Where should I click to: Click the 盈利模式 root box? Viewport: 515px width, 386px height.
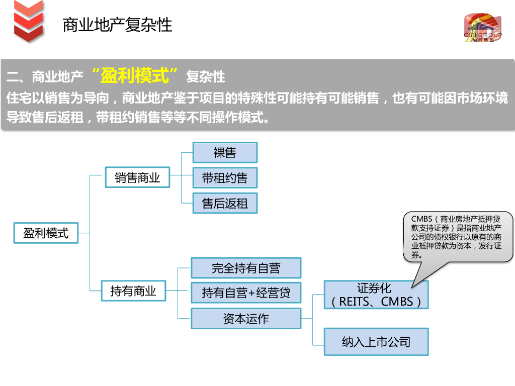(x=46, y=233)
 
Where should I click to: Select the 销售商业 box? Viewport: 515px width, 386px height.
(x=137, y=178)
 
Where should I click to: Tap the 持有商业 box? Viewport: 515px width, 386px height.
(x=133, y=291)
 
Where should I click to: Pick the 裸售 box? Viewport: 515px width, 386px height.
(x=225, y=153)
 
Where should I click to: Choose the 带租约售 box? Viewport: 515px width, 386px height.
(x=225, y=178)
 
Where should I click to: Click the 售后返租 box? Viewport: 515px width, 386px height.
(x=225, y=203)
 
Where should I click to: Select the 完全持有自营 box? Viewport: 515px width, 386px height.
(x=246, y=268)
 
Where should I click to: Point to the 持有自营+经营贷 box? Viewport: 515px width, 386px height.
(x=246, y=293)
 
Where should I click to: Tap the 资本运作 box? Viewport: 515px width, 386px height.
(x=246, y=319)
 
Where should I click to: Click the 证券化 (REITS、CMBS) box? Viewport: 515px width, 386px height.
(x=376, y=295)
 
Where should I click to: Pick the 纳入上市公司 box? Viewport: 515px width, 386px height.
(x=376, y=342)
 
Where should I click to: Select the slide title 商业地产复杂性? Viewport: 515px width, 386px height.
(x=117, y=25)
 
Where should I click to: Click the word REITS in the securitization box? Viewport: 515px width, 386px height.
(x=355, y=302)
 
